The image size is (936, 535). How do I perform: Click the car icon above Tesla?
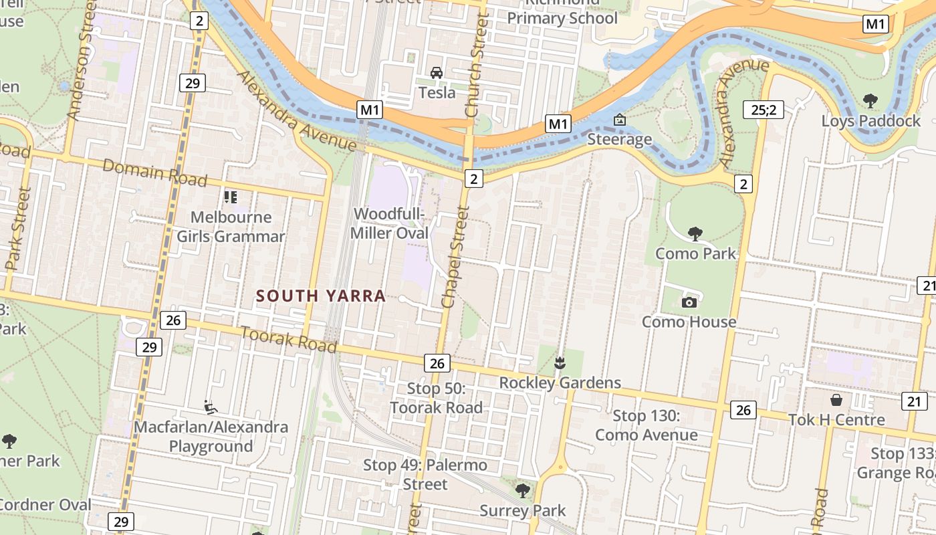click(x=437, y=73)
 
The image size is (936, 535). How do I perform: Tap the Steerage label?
click(x=619, y=139)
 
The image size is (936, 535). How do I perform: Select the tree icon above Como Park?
click(x=695, y=233)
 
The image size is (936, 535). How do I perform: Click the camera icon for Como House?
click(x=689, y=302)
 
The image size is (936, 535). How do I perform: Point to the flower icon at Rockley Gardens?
click(x=560, y=363)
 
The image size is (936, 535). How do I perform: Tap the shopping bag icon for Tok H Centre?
click(x=836, y=400)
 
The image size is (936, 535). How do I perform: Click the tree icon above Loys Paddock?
click(x=870, y=101)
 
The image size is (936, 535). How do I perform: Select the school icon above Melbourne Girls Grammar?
click(x=231, y=197)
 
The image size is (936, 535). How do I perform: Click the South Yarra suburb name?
click(x=321, y=296)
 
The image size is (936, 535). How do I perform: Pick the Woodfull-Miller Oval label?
click(x=390, y=223)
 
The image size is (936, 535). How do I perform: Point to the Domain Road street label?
click(x=154, y=173)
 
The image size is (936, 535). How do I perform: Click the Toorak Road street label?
click(x=288, y=339)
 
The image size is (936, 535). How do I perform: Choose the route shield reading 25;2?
click(x=763, y=110)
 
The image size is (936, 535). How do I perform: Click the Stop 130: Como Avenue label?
click(x=646, y=425)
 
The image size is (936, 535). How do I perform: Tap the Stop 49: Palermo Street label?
click(x=425, y=473)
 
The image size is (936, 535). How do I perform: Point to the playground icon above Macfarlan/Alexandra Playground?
click(x=210, y=407)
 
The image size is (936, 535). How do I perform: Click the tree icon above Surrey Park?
click(x=523, y=491)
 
